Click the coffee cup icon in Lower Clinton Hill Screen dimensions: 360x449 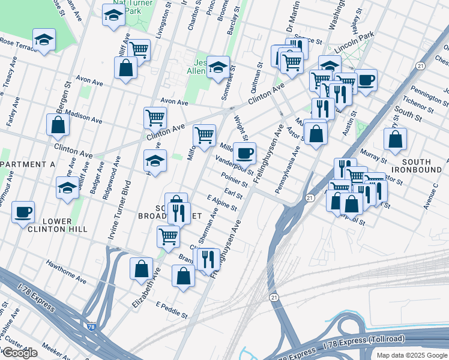[x=23, y=212]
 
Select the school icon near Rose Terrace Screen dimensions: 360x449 [x=44, y=40]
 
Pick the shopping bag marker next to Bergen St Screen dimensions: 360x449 [x=58, y=125]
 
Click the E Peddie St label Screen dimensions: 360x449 [x=172, y=310]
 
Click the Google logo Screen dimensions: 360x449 [x=20, y=353]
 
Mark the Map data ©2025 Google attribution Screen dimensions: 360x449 [x=411, y=355]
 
